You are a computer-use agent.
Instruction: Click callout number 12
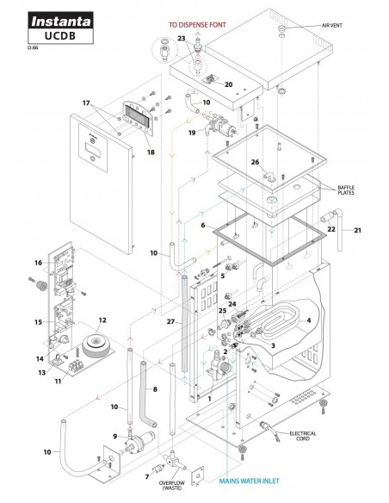[x=102, y=320]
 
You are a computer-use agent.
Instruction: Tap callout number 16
[x=37, y=263]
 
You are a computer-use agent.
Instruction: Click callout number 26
[x=255, y=162]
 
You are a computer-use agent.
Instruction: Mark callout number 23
[x=182, y=38]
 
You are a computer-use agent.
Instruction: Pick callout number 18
[x=151, y=152]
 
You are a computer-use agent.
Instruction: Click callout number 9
[x=114, y=435]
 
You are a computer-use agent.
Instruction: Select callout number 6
[x=203, y=225]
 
